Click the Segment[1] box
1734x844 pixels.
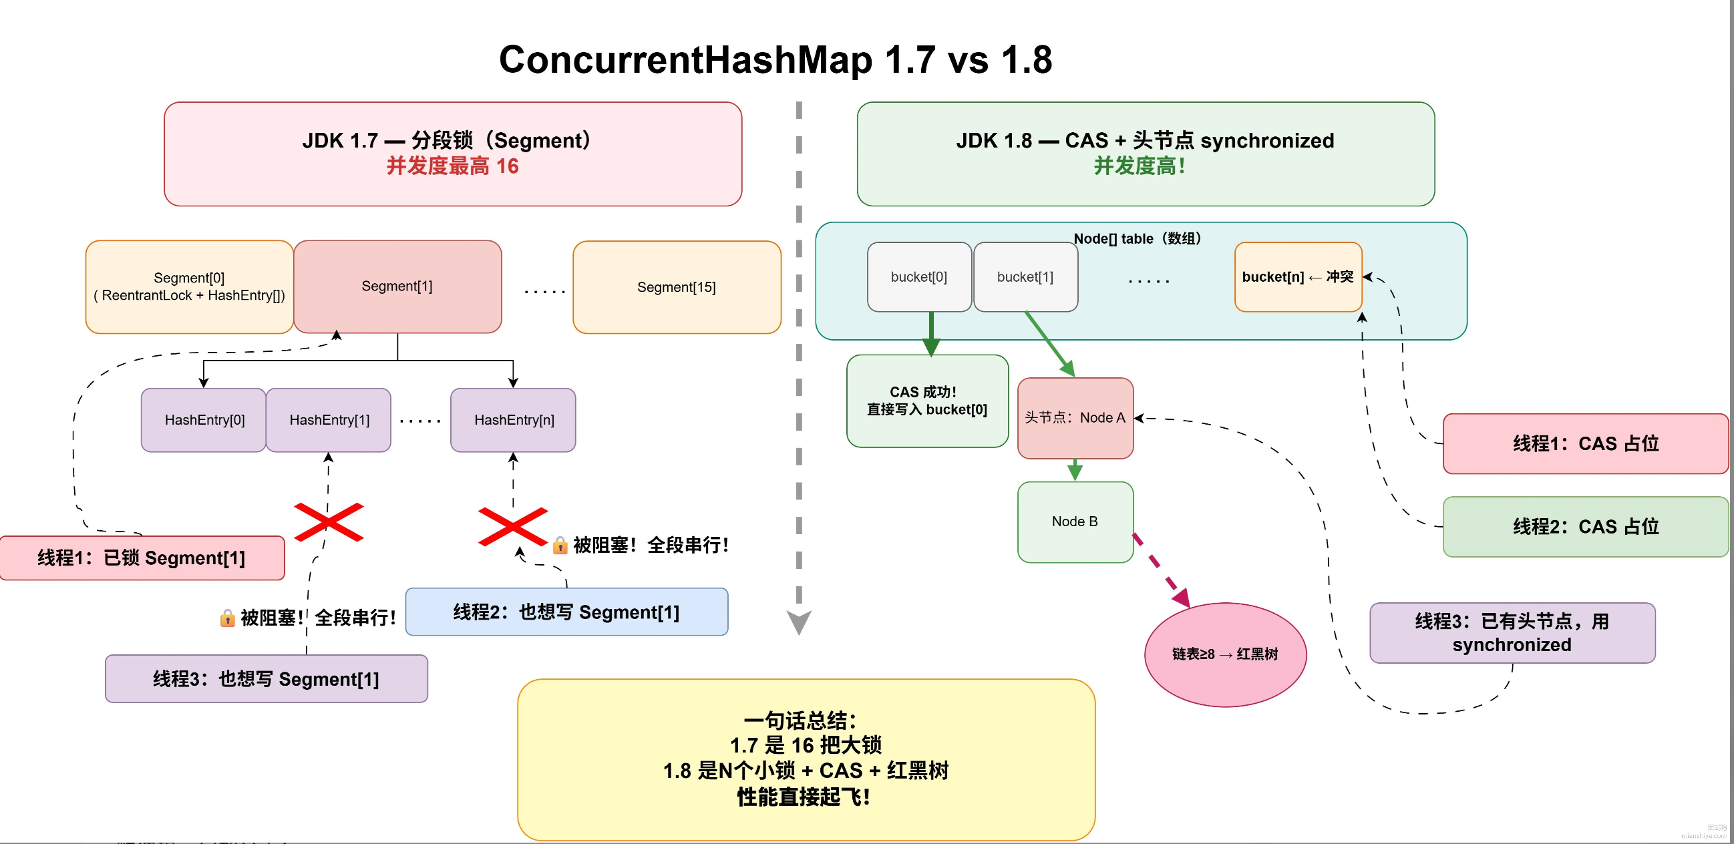click(397, 286)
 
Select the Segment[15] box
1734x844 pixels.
click(677, 287)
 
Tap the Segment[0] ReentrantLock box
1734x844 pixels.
click(189, 286)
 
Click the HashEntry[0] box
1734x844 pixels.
click(204, 420)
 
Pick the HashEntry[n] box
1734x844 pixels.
click(514, 420)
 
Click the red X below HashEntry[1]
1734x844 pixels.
click(329, 522)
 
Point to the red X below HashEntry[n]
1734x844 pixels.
click(512, 526)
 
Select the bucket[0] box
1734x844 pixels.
click(919, 277)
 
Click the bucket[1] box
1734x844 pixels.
click(1025, 277)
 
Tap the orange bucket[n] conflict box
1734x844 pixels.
click(1298, 277)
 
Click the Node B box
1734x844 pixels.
click(1075, 521)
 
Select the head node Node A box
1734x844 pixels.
click(1075, 418)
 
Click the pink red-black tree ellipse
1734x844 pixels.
click(1225, 654)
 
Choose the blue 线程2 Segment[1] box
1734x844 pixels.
click(566, 612)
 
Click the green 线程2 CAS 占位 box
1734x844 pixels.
click(1585, 526)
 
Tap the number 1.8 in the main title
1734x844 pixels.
click(1026, 59)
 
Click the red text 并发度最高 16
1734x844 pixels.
click(452, 166)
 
